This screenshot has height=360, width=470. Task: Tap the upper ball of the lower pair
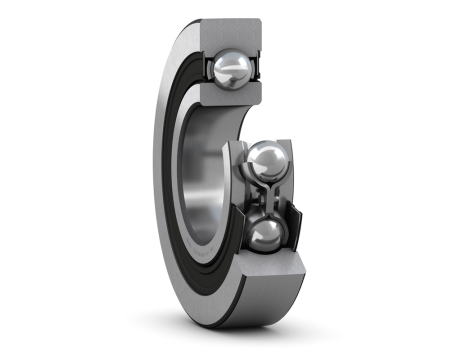268,160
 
